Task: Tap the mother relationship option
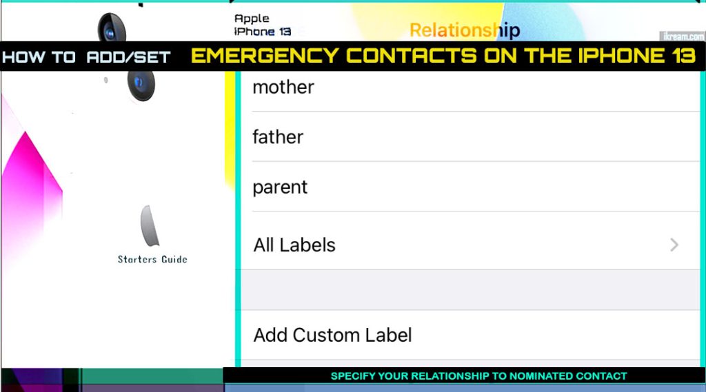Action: click(283, 87)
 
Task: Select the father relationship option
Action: click(278, 137)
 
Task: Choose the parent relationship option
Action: click(280, 187)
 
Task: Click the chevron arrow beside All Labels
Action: click(674, 245)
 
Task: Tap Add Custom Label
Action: click(332, 336)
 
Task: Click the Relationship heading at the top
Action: click(465, 30)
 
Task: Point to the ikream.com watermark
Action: click(683, 37)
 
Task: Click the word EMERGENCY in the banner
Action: click(265, 56)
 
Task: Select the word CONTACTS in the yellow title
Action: click(411, 56)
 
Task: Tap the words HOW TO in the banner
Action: click(39, 57)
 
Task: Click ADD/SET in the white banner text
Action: click(128, 57)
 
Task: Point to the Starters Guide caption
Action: click(152, 259)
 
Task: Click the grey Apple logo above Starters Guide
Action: click(150, 226)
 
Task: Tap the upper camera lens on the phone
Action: click(111, 29)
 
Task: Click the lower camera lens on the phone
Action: click(141, 84)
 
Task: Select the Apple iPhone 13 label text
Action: click(263, 25)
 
